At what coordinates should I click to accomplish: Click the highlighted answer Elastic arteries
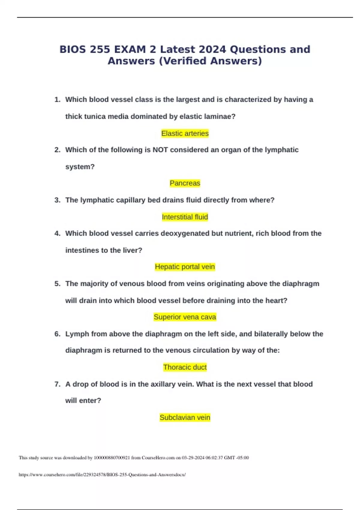[185, 133]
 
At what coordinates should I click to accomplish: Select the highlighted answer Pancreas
[185, 183]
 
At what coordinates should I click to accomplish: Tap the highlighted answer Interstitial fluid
[185, 217]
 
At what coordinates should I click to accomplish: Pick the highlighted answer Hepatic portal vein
[185, 267]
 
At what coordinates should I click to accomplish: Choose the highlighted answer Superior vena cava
[185, 317]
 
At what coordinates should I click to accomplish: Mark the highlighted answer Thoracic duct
[185, 367]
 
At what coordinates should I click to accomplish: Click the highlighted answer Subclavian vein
[185, 418]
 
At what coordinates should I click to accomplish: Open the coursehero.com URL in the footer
[102, 475]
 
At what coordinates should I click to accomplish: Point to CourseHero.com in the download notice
[158, 458]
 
